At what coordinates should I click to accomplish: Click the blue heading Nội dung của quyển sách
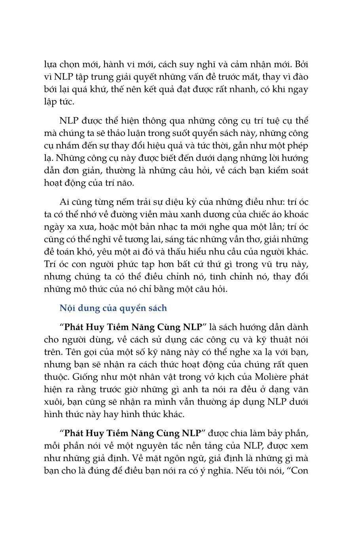(x=113, y=308)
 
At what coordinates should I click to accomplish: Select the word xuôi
(x=54, y=402)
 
